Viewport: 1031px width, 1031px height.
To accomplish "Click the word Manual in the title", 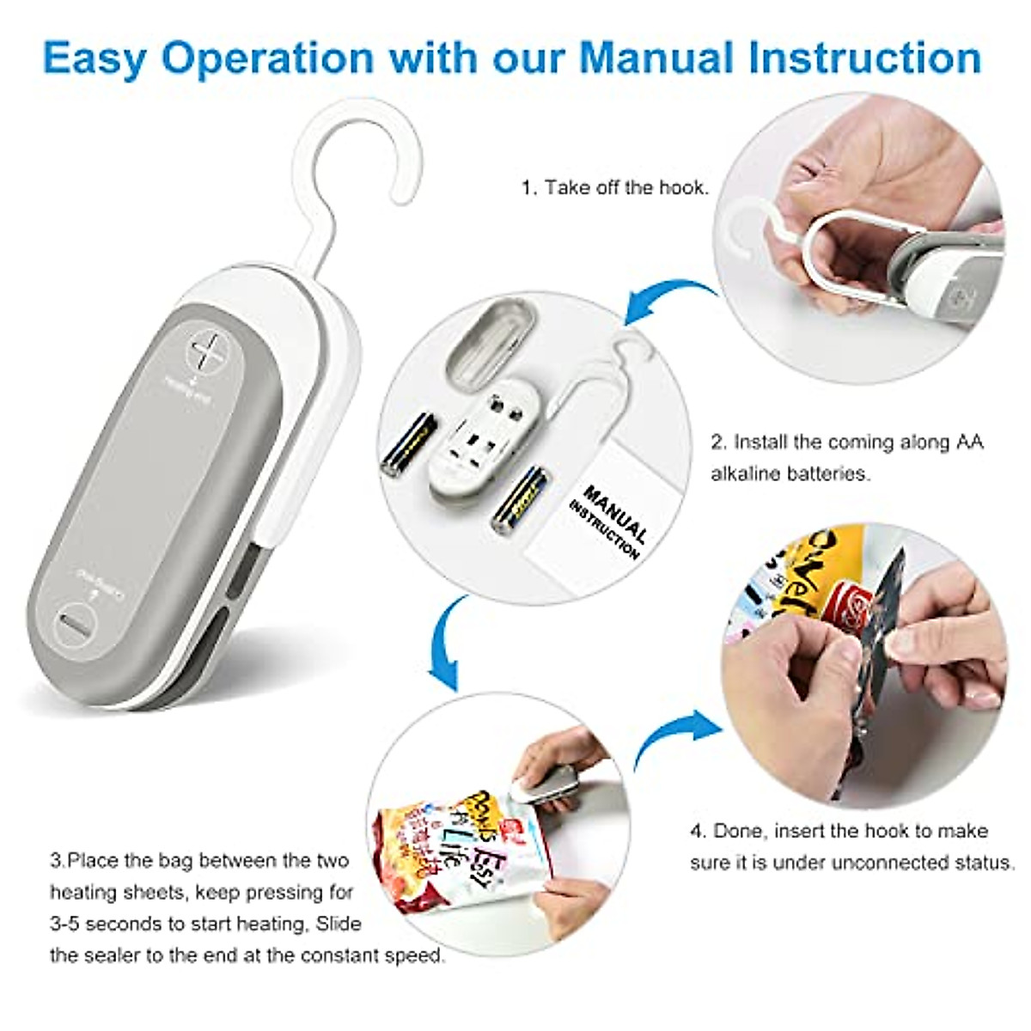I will [x=656, y=58].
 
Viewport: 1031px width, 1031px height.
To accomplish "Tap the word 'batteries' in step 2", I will [x=826, y=473].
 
